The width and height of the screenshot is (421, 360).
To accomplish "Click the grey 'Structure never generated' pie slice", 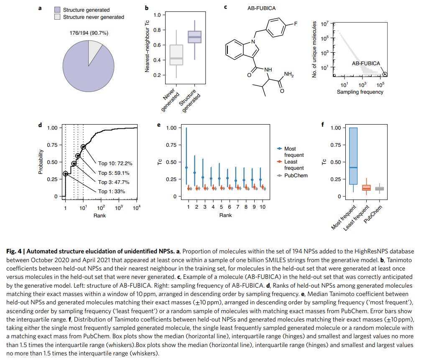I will (95, 48).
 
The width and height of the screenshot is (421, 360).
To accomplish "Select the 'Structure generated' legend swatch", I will (59, 10).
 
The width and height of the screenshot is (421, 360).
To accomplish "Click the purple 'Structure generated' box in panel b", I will (194, 37).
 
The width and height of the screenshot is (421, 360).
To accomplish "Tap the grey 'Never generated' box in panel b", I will (176, 55).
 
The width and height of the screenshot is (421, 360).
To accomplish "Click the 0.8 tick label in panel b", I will (157, 30).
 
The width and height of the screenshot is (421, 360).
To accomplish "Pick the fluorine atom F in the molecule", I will (296, 23).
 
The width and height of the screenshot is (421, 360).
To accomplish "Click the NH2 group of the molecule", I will (289, 74).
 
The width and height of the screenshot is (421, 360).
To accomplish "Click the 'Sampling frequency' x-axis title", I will (360, 92).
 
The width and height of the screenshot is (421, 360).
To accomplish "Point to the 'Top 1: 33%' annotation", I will (111, 191).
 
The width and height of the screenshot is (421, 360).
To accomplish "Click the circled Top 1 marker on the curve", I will (65, 174).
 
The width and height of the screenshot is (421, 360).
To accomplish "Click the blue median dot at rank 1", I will (186, 168).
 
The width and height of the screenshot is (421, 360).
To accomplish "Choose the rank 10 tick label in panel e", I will (262, 207).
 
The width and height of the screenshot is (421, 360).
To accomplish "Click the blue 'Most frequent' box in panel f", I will (353, 156).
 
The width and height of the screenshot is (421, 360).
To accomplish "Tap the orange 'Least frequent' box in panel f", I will (366, 188).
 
